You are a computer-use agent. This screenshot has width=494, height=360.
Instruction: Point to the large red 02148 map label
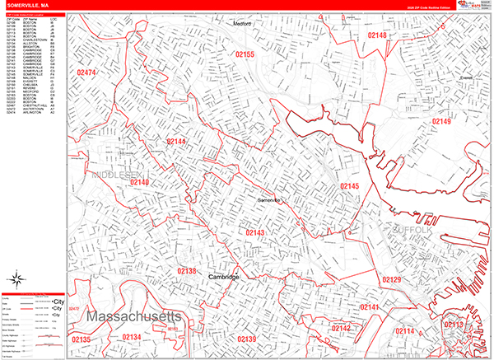coord(378,35)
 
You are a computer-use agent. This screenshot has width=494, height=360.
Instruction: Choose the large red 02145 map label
coord(350,187)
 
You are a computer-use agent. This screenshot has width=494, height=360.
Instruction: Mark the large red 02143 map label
coord(255,233)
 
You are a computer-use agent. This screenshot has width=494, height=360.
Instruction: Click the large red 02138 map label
coord(187,271)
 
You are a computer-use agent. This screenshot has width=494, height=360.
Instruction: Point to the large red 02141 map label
coord(370,307)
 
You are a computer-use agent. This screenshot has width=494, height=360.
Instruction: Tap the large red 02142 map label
coord(341,329)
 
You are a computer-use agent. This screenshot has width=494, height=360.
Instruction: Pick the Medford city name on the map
coord(240,25)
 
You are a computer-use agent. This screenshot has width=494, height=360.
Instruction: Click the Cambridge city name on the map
coord(223,278)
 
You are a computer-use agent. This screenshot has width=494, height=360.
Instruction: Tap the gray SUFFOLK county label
coord(411,230)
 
